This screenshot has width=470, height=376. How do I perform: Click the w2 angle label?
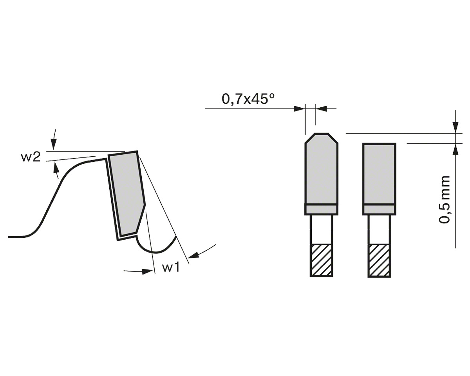tap(31, 157)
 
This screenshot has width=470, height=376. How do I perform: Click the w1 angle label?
tap(171, 267)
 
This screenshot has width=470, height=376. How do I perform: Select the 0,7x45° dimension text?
tap(248, 99)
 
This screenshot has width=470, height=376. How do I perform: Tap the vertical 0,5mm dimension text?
tap(444, 199)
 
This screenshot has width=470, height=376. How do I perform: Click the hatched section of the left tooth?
tap(321, 260)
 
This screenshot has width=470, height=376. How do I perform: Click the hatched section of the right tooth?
tap(379, 260)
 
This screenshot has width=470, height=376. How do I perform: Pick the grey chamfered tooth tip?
tap(321, 169)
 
